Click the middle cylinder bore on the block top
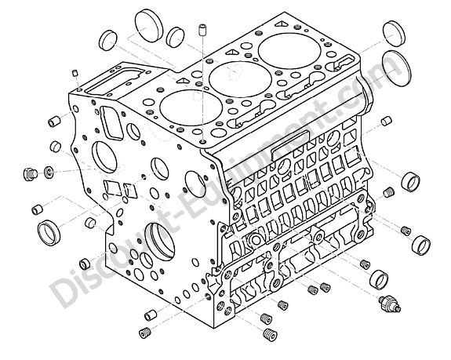pos(240,79)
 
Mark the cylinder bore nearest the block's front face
pos(191,107)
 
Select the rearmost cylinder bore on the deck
pos(289,51)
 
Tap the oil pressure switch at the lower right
pos(390,304)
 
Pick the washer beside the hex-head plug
pos(49,172)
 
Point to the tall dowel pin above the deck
pos(202,31)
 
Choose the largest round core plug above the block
pos(149,26)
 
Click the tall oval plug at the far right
pos(396,68)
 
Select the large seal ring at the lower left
pos(49,233)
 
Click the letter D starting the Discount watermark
pos(63,291)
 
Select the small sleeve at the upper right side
pos(386,121)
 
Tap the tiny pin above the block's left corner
pos(75,73)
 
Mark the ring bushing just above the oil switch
pos(379,280)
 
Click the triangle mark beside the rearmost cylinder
pos(282,24)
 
